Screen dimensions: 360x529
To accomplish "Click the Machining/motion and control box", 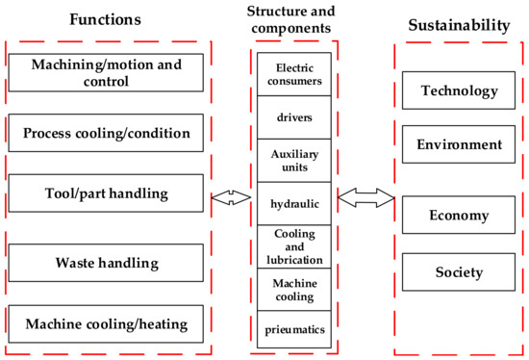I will point(106,72).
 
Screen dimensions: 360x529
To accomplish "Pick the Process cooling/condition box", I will point(106,132).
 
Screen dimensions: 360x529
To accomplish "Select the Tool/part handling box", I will point(106,193).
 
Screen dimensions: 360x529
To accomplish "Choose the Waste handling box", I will point(106,262).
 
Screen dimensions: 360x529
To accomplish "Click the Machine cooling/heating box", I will point(106,321).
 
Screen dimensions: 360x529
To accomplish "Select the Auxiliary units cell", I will point(294,159).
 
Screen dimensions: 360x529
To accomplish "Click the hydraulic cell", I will point(294,203).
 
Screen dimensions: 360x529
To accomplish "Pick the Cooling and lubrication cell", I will point(294,245).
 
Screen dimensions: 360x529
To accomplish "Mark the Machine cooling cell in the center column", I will point(294,290).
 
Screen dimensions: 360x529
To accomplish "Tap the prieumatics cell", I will point(294,329).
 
